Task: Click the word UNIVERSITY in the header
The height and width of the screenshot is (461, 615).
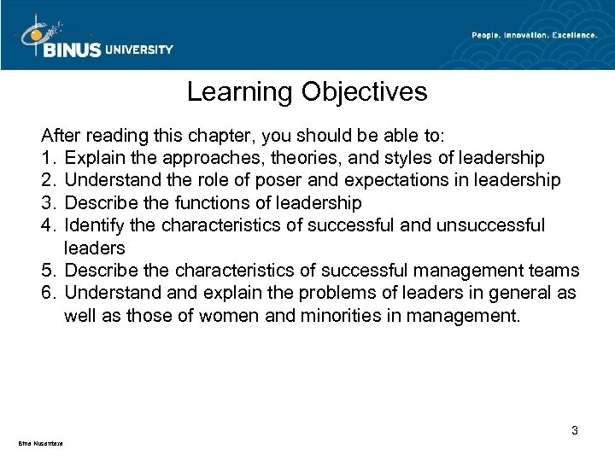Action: (139, 50)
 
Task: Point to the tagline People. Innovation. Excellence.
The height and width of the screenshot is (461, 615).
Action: (535, 34)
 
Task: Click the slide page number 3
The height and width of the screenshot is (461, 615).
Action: (575, 430)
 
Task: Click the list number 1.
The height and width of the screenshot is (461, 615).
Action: (49, 158)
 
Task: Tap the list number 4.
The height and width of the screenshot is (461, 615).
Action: (49, 225)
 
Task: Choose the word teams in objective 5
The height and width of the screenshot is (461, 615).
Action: (555, 271)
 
